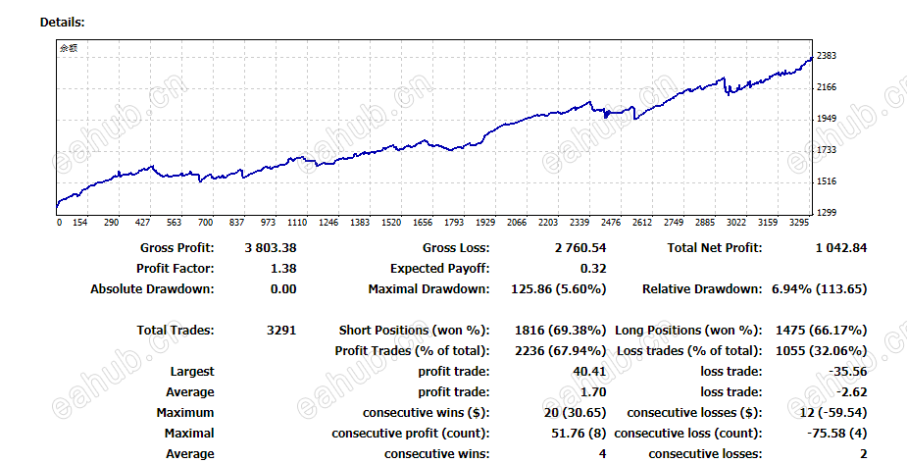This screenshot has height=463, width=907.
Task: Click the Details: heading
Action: (62, 22)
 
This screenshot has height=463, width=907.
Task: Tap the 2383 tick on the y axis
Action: (826, 56)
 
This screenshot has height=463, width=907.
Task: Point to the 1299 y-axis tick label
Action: (826, 213)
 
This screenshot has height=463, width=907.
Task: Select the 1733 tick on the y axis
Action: (826, 150)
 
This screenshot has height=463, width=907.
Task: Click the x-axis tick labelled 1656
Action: (423, 223)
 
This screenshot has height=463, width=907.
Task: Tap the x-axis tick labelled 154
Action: (79, 223)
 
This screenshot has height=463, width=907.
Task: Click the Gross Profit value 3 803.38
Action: (270, 248)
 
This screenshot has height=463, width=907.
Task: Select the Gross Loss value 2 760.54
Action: (576, 248)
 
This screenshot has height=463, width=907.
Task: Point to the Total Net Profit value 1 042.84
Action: (840, 248)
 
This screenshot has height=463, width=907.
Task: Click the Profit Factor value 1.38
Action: (282, 269)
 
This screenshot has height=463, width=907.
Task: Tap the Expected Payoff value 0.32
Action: (593, 269)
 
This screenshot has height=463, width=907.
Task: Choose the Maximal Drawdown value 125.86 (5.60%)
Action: (556, 289)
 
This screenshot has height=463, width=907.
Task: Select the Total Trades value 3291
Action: (280, 331)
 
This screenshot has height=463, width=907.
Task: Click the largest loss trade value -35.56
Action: (847, 372)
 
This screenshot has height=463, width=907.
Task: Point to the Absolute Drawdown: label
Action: (152, 289)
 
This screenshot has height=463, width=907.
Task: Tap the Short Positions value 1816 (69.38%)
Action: (560, 331)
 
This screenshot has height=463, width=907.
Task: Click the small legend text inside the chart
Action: (68, 47)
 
